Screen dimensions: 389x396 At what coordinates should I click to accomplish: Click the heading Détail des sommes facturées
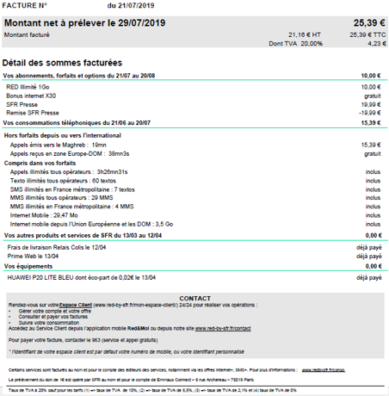[62, 64]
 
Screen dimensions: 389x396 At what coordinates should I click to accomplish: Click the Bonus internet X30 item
[31, 96]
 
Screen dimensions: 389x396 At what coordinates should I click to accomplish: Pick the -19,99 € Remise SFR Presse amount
[368, 113]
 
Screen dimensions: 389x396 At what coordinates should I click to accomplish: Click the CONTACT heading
[194, 297]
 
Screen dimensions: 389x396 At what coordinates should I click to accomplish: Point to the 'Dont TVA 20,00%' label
[292, 42]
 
